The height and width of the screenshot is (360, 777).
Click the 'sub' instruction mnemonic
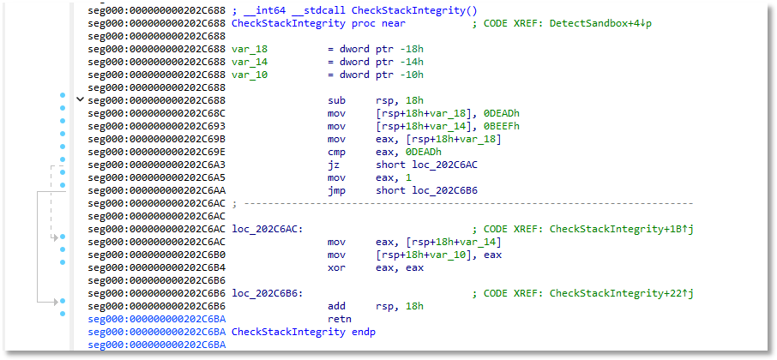click(x=335, y=100)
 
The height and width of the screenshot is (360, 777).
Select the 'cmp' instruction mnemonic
click(x=335, y=152)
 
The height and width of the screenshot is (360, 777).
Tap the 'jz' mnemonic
click(x=333, y=165)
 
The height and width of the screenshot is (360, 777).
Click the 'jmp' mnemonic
click(x=335, y=190)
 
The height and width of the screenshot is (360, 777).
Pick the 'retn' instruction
click(x=339, y=318)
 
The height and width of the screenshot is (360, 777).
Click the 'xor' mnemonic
click(x=335, y=267)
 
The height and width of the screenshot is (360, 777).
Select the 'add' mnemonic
click(x=335, y=305)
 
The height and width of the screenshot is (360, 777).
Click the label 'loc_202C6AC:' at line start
click(x=267, y=229)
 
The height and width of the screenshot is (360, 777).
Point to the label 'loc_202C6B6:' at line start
click(x=267, y=292)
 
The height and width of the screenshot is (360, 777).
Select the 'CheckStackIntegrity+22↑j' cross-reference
click(x=621, y=292)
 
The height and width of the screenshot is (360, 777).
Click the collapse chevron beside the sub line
click(x=81, y=100)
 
